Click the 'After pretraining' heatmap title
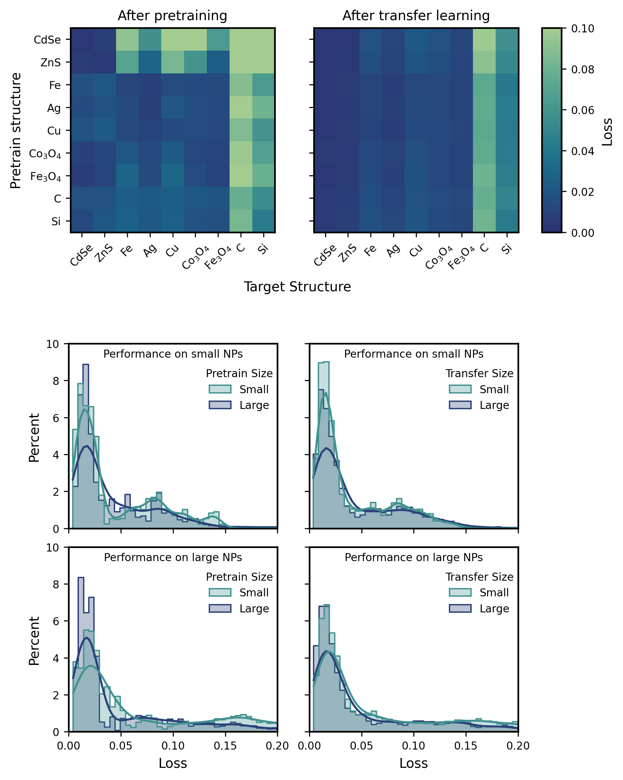pyautogui.click(x=172, y=16)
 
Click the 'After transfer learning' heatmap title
pyautogui.click(x=416, y=16)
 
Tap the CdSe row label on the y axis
pyautogui.click(x=47, y=40)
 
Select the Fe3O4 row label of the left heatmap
pyautogui.click(x=45, y=177)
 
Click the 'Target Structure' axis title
pyautogui.click(x=297, y=287)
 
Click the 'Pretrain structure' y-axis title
pyautogui.click(x=16, y=130)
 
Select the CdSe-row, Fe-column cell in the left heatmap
pyautogui.click(x=127, y=39)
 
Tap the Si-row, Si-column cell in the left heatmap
pyautogui.click(x=264, y=221)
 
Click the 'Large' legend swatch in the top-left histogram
pyautogui.click(x=220, y=405)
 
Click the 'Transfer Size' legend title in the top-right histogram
pyautogui.click(x=479, y=373)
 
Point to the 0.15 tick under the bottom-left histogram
pyautogui.click(x=225, y=746)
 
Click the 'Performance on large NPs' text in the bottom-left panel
pyautogui.click(x=173, y=558)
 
